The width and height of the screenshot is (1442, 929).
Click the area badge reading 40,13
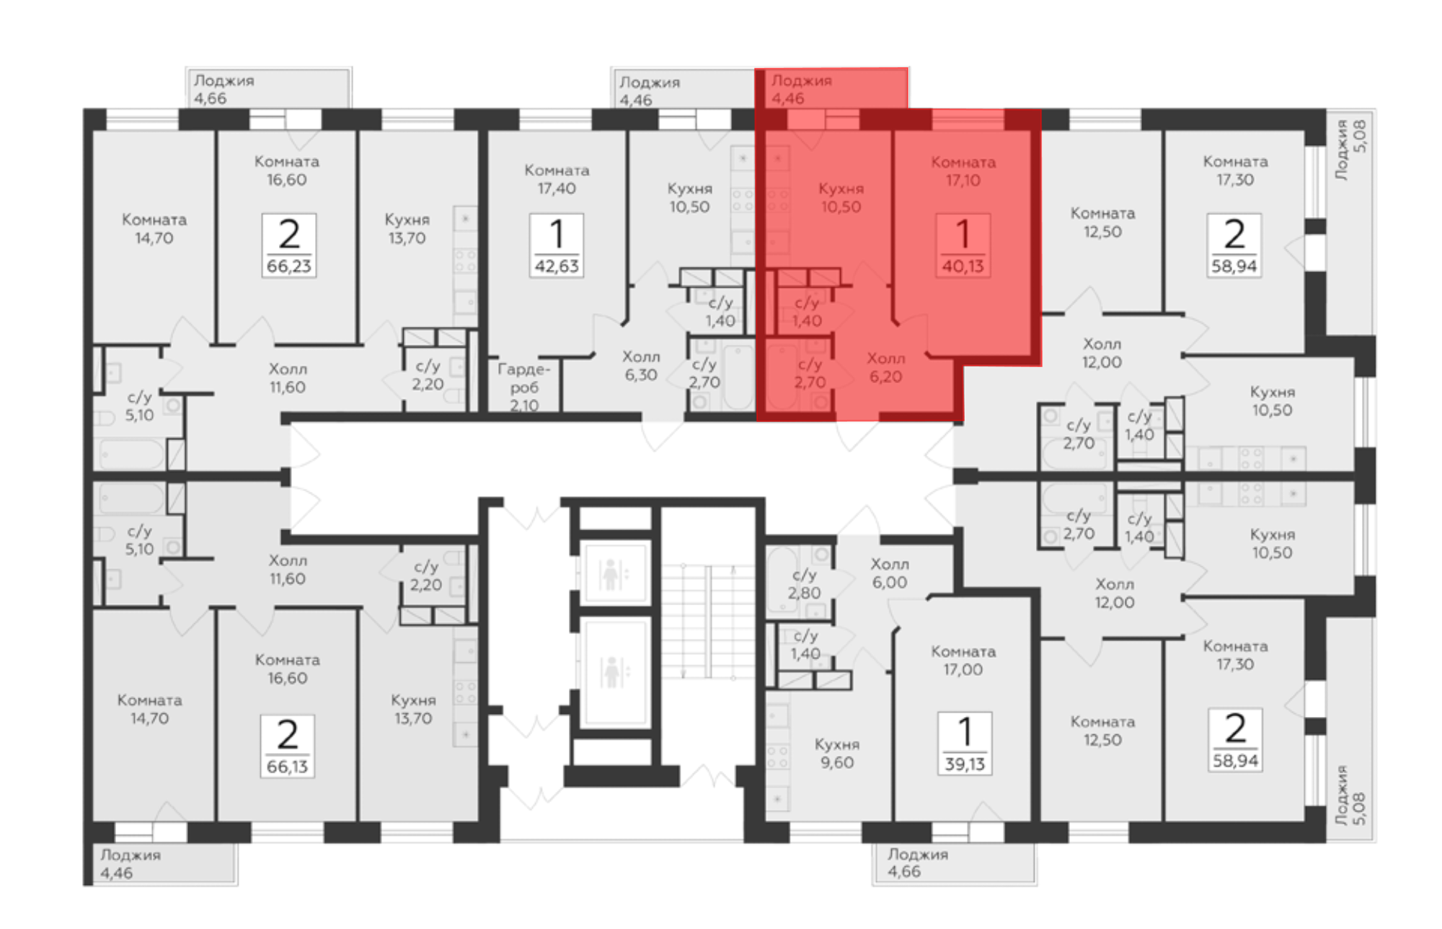(963, 245)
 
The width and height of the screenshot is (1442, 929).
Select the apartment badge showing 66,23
(288, 245)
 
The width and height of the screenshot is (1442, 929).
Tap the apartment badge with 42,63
(557, 245)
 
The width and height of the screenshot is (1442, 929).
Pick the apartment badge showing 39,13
(965, 744)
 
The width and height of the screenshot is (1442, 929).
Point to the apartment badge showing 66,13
(287, 746)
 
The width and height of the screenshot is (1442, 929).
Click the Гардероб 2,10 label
(524, 387)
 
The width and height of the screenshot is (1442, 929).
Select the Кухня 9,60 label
(836, 753)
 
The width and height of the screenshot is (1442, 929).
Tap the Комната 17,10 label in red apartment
(963, 171)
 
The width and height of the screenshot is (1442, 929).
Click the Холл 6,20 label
(885, 367)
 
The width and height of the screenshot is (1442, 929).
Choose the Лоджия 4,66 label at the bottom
(918, 863)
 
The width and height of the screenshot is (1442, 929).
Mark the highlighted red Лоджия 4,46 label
(802, 89)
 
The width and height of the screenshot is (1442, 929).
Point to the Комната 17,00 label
(963, 660)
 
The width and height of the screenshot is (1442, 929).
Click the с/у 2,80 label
(805, 584)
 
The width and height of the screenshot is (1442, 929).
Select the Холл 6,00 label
(890, 573)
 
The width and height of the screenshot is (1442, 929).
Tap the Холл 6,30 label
(641, 366)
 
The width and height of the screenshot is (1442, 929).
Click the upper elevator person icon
(611, 574)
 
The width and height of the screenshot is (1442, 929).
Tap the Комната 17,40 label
(557, 179)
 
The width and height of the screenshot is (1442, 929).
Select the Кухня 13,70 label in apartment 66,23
(407, 229)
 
